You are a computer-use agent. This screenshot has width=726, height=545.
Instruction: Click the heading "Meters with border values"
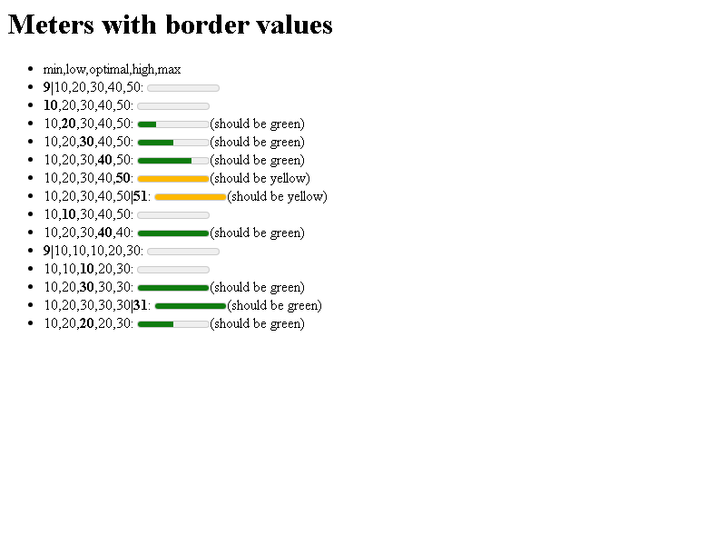[x=171, y=25]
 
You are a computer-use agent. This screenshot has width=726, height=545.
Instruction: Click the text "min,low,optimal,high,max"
[x=112, y=70]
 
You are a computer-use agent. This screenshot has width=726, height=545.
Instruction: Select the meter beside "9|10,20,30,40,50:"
[x=183, y=88]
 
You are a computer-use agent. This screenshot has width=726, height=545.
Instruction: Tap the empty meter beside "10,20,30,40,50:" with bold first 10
[x=173, y=106]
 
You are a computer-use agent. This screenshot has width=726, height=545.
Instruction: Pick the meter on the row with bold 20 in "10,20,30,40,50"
[x=173, y=124]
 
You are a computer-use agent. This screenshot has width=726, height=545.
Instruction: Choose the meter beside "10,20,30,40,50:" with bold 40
[x=173, y=161]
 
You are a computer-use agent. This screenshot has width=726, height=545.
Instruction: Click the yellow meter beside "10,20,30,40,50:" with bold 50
[x=173, y=179]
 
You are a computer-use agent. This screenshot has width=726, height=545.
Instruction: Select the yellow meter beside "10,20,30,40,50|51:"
[x=191, y=197]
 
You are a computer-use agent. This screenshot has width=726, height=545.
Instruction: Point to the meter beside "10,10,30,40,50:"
[x=173, y=215]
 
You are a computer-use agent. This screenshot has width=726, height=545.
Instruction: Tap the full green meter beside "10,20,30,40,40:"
[x=173, y=233]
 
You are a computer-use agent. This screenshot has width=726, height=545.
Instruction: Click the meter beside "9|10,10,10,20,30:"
[x=183, y=252]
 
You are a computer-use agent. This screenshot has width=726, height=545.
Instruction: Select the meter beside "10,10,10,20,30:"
[x=173, y=270]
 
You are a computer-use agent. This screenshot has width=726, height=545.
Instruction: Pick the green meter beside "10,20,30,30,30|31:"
[x=191, y=306]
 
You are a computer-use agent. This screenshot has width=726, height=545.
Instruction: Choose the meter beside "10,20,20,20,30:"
[x=173, y=324]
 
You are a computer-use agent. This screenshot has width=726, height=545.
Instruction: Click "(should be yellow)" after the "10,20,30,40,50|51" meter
[x=278, y=197]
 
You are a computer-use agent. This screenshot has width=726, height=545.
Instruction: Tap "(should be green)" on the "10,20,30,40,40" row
[x=258, y=233]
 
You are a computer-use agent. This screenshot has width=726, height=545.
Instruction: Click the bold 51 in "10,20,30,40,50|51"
[x=141, y=196]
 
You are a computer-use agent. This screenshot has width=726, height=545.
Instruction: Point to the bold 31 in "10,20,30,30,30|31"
[x=141, y=305]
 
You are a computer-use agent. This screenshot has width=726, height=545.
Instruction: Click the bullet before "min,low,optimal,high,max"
[x=31, y=69]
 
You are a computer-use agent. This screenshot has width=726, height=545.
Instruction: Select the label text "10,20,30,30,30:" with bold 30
[x=88, y=287]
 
